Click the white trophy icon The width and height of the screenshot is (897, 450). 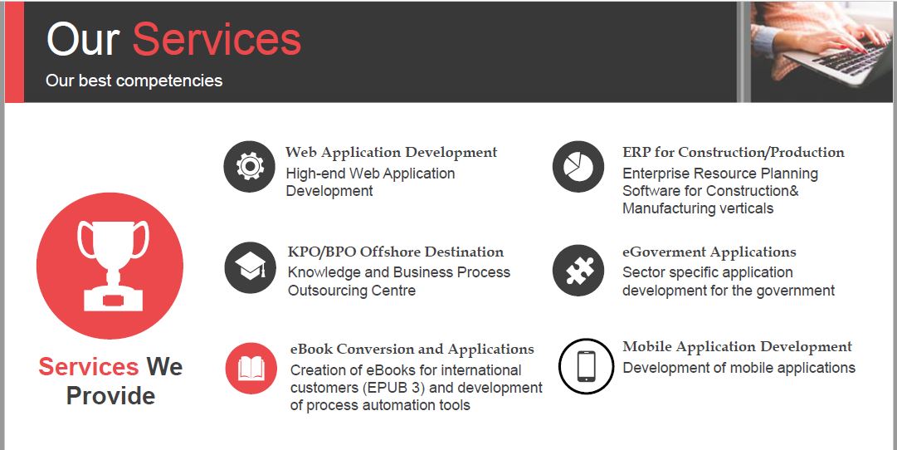(x=114, y=266)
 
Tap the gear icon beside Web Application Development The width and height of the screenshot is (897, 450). (x=250, y=166)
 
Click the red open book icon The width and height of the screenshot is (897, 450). (x=251, y=368)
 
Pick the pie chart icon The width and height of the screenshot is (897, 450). (x=578, y=167)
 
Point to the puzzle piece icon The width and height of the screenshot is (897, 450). (x=578, y=270)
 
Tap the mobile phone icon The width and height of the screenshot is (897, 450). (x=587, y=366)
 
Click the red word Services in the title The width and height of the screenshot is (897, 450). (x=217, y=40)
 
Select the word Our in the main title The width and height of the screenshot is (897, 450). (x=83, y=40)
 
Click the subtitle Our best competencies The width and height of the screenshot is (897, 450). (x=134, y=81)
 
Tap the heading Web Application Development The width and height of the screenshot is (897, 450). (x=392, y=153)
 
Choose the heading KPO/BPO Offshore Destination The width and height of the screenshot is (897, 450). (x=396, y=252)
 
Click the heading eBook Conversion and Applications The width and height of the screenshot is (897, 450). (x=412, y=350)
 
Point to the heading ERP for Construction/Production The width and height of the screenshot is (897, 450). (x=734, y=152)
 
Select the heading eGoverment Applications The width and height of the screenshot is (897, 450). (x=709, y=252)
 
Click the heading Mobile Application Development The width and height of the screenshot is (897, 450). (x=738, y=347)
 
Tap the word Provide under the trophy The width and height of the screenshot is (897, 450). (x=110, y=395)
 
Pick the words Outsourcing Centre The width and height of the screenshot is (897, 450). (x=351, y=291)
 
